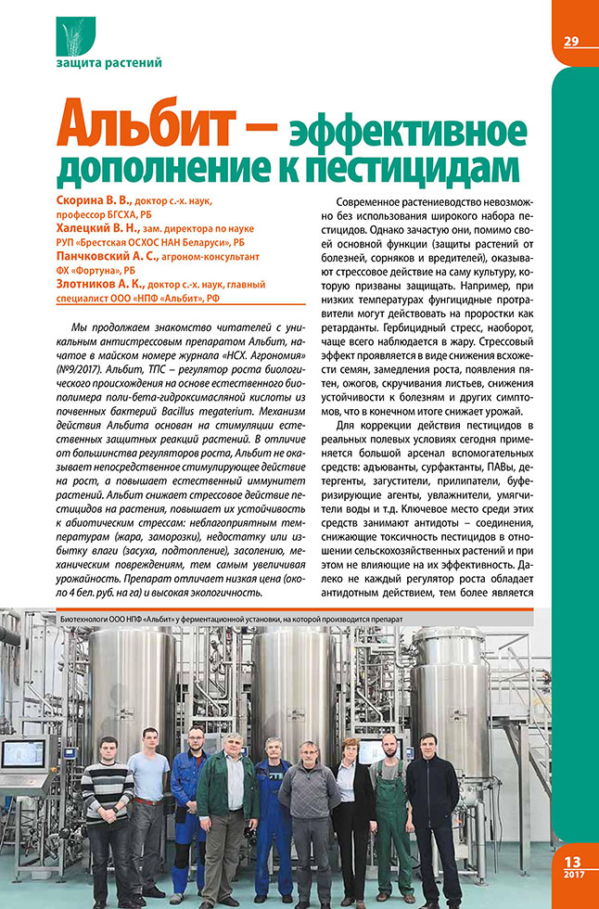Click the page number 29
point(571,40)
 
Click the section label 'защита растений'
point(108,63)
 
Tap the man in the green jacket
point(227,798)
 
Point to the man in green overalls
point(390,798)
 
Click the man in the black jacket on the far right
point(433,798)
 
